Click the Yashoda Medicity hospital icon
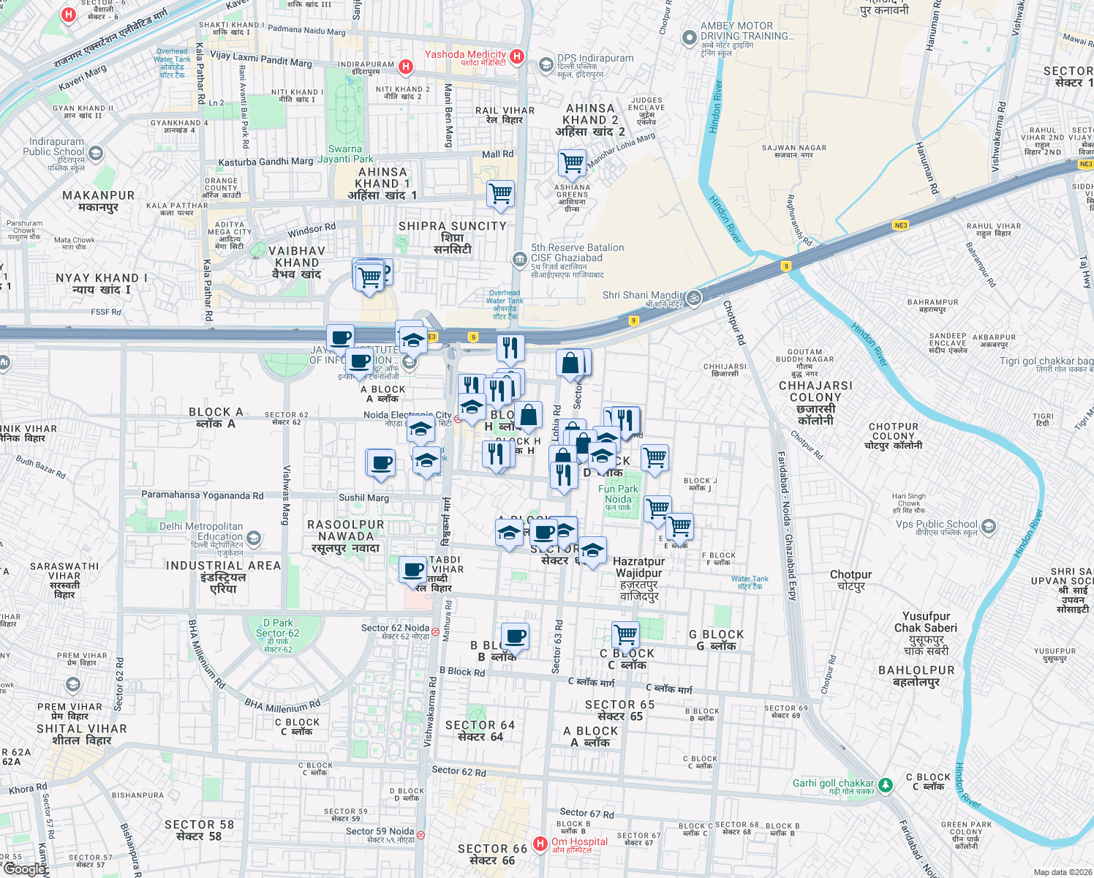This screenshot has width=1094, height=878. click(x=517, y=56)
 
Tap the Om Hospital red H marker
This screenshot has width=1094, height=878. click(x=540, y=844)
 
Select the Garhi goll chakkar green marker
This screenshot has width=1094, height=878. click(x=886, y=784)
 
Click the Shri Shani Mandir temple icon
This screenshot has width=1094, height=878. click(x=694, y=297)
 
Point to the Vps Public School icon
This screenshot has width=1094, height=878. click(x=989, y=526)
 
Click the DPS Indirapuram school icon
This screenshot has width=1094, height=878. click(x=546, y=65)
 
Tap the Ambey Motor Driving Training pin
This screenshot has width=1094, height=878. click(x=688, y=37)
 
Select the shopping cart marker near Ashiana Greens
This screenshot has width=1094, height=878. click(x=572, y=162)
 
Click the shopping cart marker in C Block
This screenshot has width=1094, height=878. click(x=626, y=634)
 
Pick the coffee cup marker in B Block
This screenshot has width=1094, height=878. click(x=516, y=637)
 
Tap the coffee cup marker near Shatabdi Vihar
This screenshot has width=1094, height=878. click(x=413, y=569)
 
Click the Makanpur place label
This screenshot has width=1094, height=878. click(x=99, y=200)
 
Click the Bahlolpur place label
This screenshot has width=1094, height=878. click(x=916, y=675)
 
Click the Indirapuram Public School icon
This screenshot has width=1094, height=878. click(x=96, y=153)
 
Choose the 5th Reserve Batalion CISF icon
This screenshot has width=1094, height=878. click(x=519, y=259)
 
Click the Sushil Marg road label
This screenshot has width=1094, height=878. click(x=363, y=498)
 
